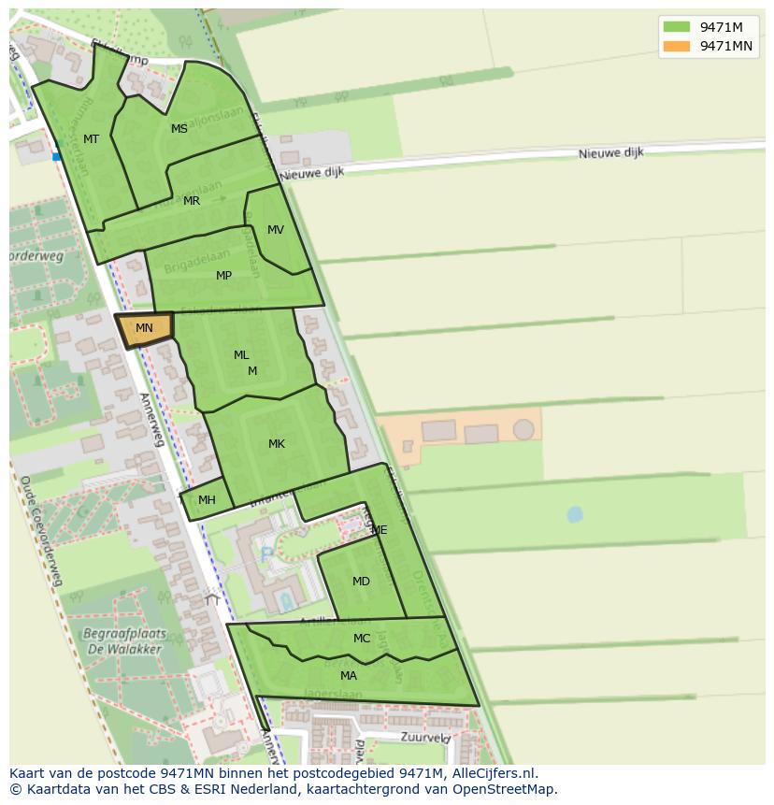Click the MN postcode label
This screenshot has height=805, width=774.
144,328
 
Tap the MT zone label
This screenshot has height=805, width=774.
91,139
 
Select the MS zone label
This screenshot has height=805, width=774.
179,129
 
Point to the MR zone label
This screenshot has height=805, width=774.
192,201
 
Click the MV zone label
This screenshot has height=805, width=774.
275,230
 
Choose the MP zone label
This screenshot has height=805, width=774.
223,276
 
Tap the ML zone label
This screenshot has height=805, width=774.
241,355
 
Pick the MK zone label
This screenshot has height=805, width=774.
276,444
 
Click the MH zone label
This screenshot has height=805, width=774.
207,500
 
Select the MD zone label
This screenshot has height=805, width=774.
361,582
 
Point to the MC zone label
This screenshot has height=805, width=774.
362,639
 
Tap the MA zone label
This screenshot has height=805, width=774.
348,676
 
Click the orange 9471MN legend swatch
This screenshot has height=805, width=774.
677,46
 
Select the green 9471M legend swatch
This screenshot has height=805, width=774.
677,27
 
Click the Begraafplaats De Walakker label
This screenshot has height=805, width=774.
122,640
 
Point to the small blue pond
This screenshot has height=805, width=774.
574,514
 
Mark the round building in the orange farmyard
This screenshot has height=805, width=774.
523,429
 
